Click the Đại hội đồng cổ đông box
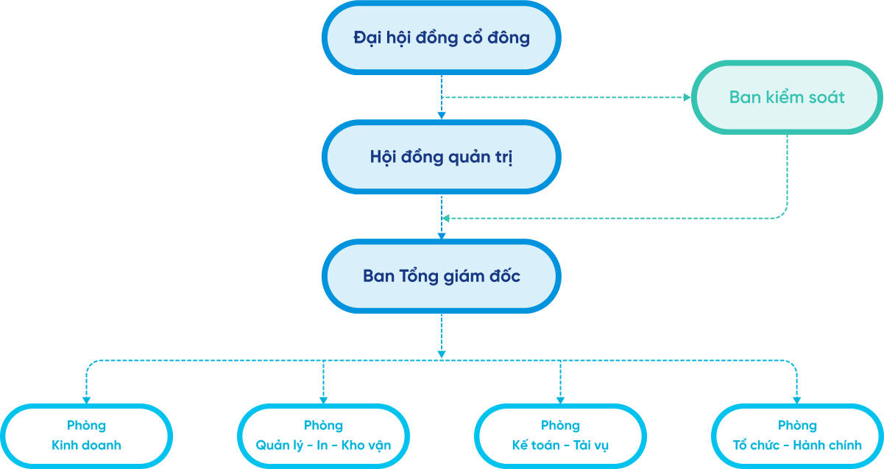(442, 38)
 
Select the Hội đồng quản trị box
(442, 157)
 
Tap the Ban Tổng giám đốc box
(442, 276)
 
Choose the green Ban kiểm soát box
(787, 97)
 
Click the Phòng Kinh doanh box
(86, 436)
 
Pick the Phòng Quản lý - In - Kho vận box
(323, 436)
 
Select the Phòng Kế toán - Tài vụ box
(560, 436)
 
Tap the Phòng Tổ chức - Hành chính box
(797, 436)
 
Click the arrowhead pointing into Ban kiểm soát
(686, 97)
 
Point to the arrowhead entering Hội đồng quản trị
(442, 115)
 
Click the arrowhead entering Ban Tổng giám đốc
(442, 236)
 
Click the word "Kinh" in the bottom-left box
(63, 445)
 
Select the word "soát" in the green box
(827, 97)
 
